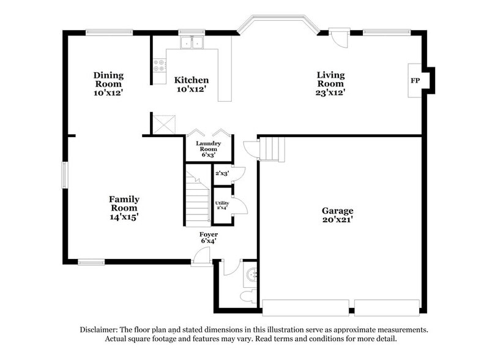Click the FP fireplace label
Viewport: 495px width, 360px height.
click(x=415, y=81)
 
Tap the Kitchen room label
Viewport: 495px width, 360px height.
click(x=192, y=84)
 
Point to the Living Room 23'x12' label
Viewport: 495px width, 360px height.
click(x=330, y=84)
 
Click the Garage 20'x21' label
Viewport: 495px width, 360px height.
click(x=338, y=214)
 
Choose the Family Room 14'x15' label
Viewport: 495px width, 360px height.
click(x=124, y=208)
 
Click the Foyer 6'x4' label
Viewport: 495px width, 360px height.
click(x=208, y=238)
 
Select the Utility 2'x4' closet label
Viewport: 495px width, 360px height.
click(x=221, y=205)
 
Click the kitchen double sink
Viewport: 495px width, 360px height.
click(x=193, y=43)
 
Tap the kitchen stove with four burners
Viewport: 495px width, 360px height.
click(x=159, y=64)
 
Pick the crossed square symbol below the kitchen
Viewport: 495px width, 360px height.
click(x=165, y=124)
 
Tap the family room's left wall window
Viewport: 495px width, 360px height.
click(x=64, y=175)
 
